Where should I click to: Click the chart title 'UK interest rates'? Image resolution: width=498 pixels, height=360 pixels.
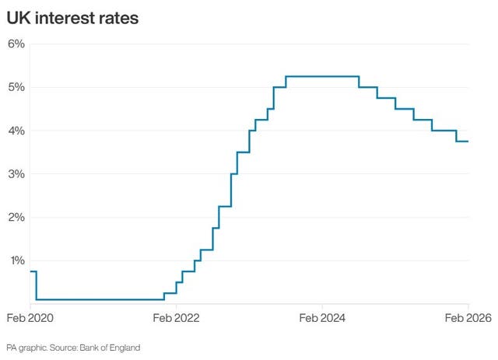73,18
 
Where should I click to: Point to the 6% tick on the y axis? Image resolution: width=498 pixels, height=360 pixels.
16,44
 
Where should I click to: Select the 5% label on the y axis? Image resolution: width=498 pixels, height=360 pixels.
16,87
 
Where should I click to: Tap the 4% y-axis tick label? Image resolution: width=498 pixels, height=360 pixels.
16,131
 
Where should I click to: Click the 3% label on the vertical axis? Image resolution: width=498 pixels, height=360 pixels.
16,174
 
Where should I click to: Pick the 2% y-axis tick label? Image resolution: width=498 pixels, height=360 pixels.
16,218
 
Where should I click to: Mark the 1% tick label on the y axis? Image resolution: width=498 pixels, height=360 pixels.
16,261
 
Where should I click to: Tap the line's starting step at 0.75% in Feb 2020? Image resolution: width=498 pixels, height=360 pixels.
33,271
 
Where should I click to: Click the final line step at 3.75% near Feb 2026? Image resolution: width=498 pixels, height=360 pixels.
462,142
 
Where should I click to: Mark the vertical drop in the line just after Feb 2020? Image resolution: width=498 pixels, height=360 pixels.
36,285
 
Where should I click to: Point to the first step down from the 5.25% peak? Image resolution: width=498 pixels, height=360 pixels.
359,82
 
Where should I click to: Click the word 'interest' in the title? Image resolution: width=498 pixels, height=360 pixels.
68,18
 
